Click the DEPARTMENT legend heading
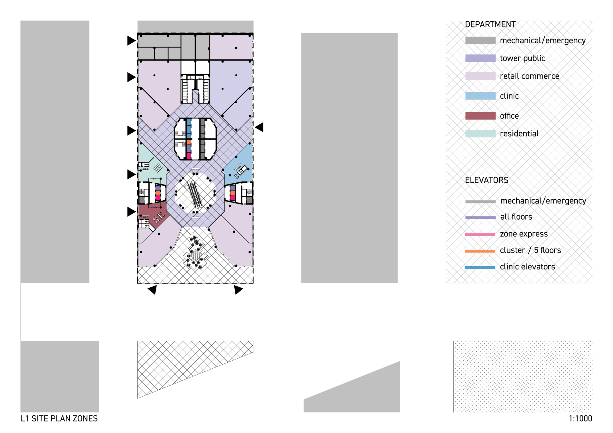[490, 25]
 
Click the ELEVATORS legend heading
[487, 180]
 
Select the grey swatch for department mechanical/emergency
[480, 40]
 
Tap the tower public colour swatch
[480, 58]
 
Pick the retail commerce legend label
[529, 76]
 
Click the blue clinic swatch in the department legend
[480, 96]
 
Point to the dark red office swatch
[480, 116]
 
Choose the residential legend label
[519, 134]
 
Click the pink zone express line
[480, 235]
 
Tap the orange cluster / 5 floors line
[480, 251]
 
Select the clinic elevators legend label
[527, 267]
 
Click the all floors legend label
[516, 217]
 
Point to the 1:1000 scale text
[580, 419]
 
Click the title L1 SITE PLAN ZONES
[59, 419]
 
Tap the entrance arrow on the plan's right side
[259, 127]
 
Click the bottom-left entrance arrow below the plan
[153, 290]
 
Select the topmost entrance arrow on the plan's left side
[132, 40]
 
